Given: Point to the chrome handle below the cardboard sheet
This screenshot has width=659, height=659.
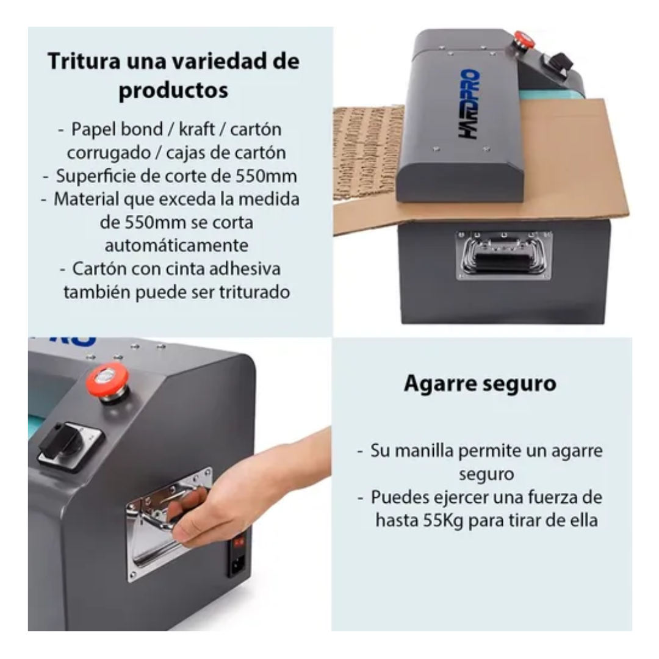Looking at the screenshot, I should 503,255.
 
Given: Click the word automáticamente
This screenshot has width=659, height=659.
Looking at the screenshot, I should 176,245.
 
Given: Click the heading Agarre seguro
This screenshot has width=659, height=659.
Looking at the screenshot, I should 480,384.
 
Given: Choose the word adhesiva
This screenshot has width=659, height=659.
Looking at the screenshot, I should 245,268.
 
